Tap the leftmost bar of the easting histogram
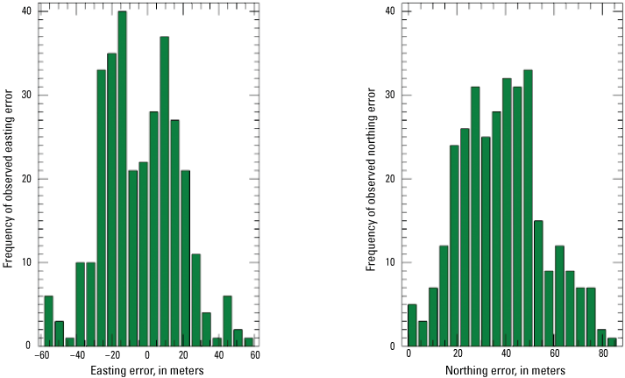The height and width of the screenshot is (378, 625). tap(48, 320)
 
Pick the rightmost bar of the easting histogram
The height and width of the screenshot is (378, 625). tap(249, 341)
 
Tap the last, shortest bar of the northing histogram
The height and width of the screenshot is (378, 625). tap(612, 341)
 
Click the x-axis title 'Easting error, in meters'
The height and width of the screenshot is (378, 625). tap(148, 370)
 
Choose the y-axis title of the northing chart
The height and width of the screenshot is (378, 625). tap(372, 179)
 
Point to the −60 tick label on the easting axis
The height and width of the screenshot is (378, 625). tap(41, 355)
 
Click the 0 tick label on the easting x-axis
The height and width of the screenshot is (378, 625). tap(148, 355)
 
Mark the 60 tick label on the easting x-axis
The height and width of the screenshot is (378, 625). tap(254, 355)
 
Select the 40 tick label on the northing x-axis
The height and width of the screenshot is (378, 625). tap(506, 355)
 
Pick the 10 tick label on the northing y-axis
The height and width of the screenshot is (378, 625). tap(391, 262)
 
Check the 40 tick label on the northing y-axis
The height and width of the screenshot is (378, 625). tap(391, 11)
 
